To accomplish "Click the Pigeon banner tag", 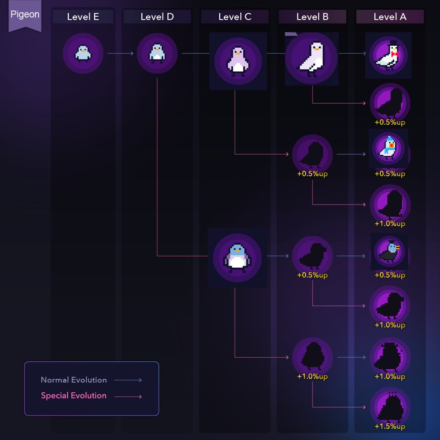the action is coord(25,15).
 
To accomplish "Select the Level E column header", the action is coord(83,17).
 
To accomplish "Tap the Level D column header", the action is coord(157,17).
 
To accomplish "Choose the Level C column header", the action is coord(235,17).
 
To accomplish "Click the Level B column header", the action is coord(312,17).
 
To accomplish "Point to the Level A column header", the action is coord(390,17).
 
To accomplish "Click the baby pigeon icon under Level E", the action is coord(83,53).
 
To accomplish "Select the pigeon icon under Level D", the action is coord(157,53).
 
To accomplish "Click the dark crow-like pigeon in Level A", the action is coord(389,252).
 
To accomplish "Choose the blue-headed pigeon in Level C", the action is coord(237,257).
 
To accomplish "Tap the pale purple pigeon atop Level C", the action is coord(238,60).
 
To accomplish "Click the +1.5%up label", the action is coord(390,427).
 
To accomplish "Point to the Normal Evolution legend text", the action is coord(74,380).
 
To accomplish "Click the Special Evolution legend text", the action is coord(74,396).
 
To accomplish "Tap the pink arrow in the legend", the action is coord(128,396).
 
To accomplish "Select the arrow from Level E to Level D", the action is coord(120,53).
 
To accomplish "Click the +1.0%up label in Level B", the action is coord(312,376).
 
